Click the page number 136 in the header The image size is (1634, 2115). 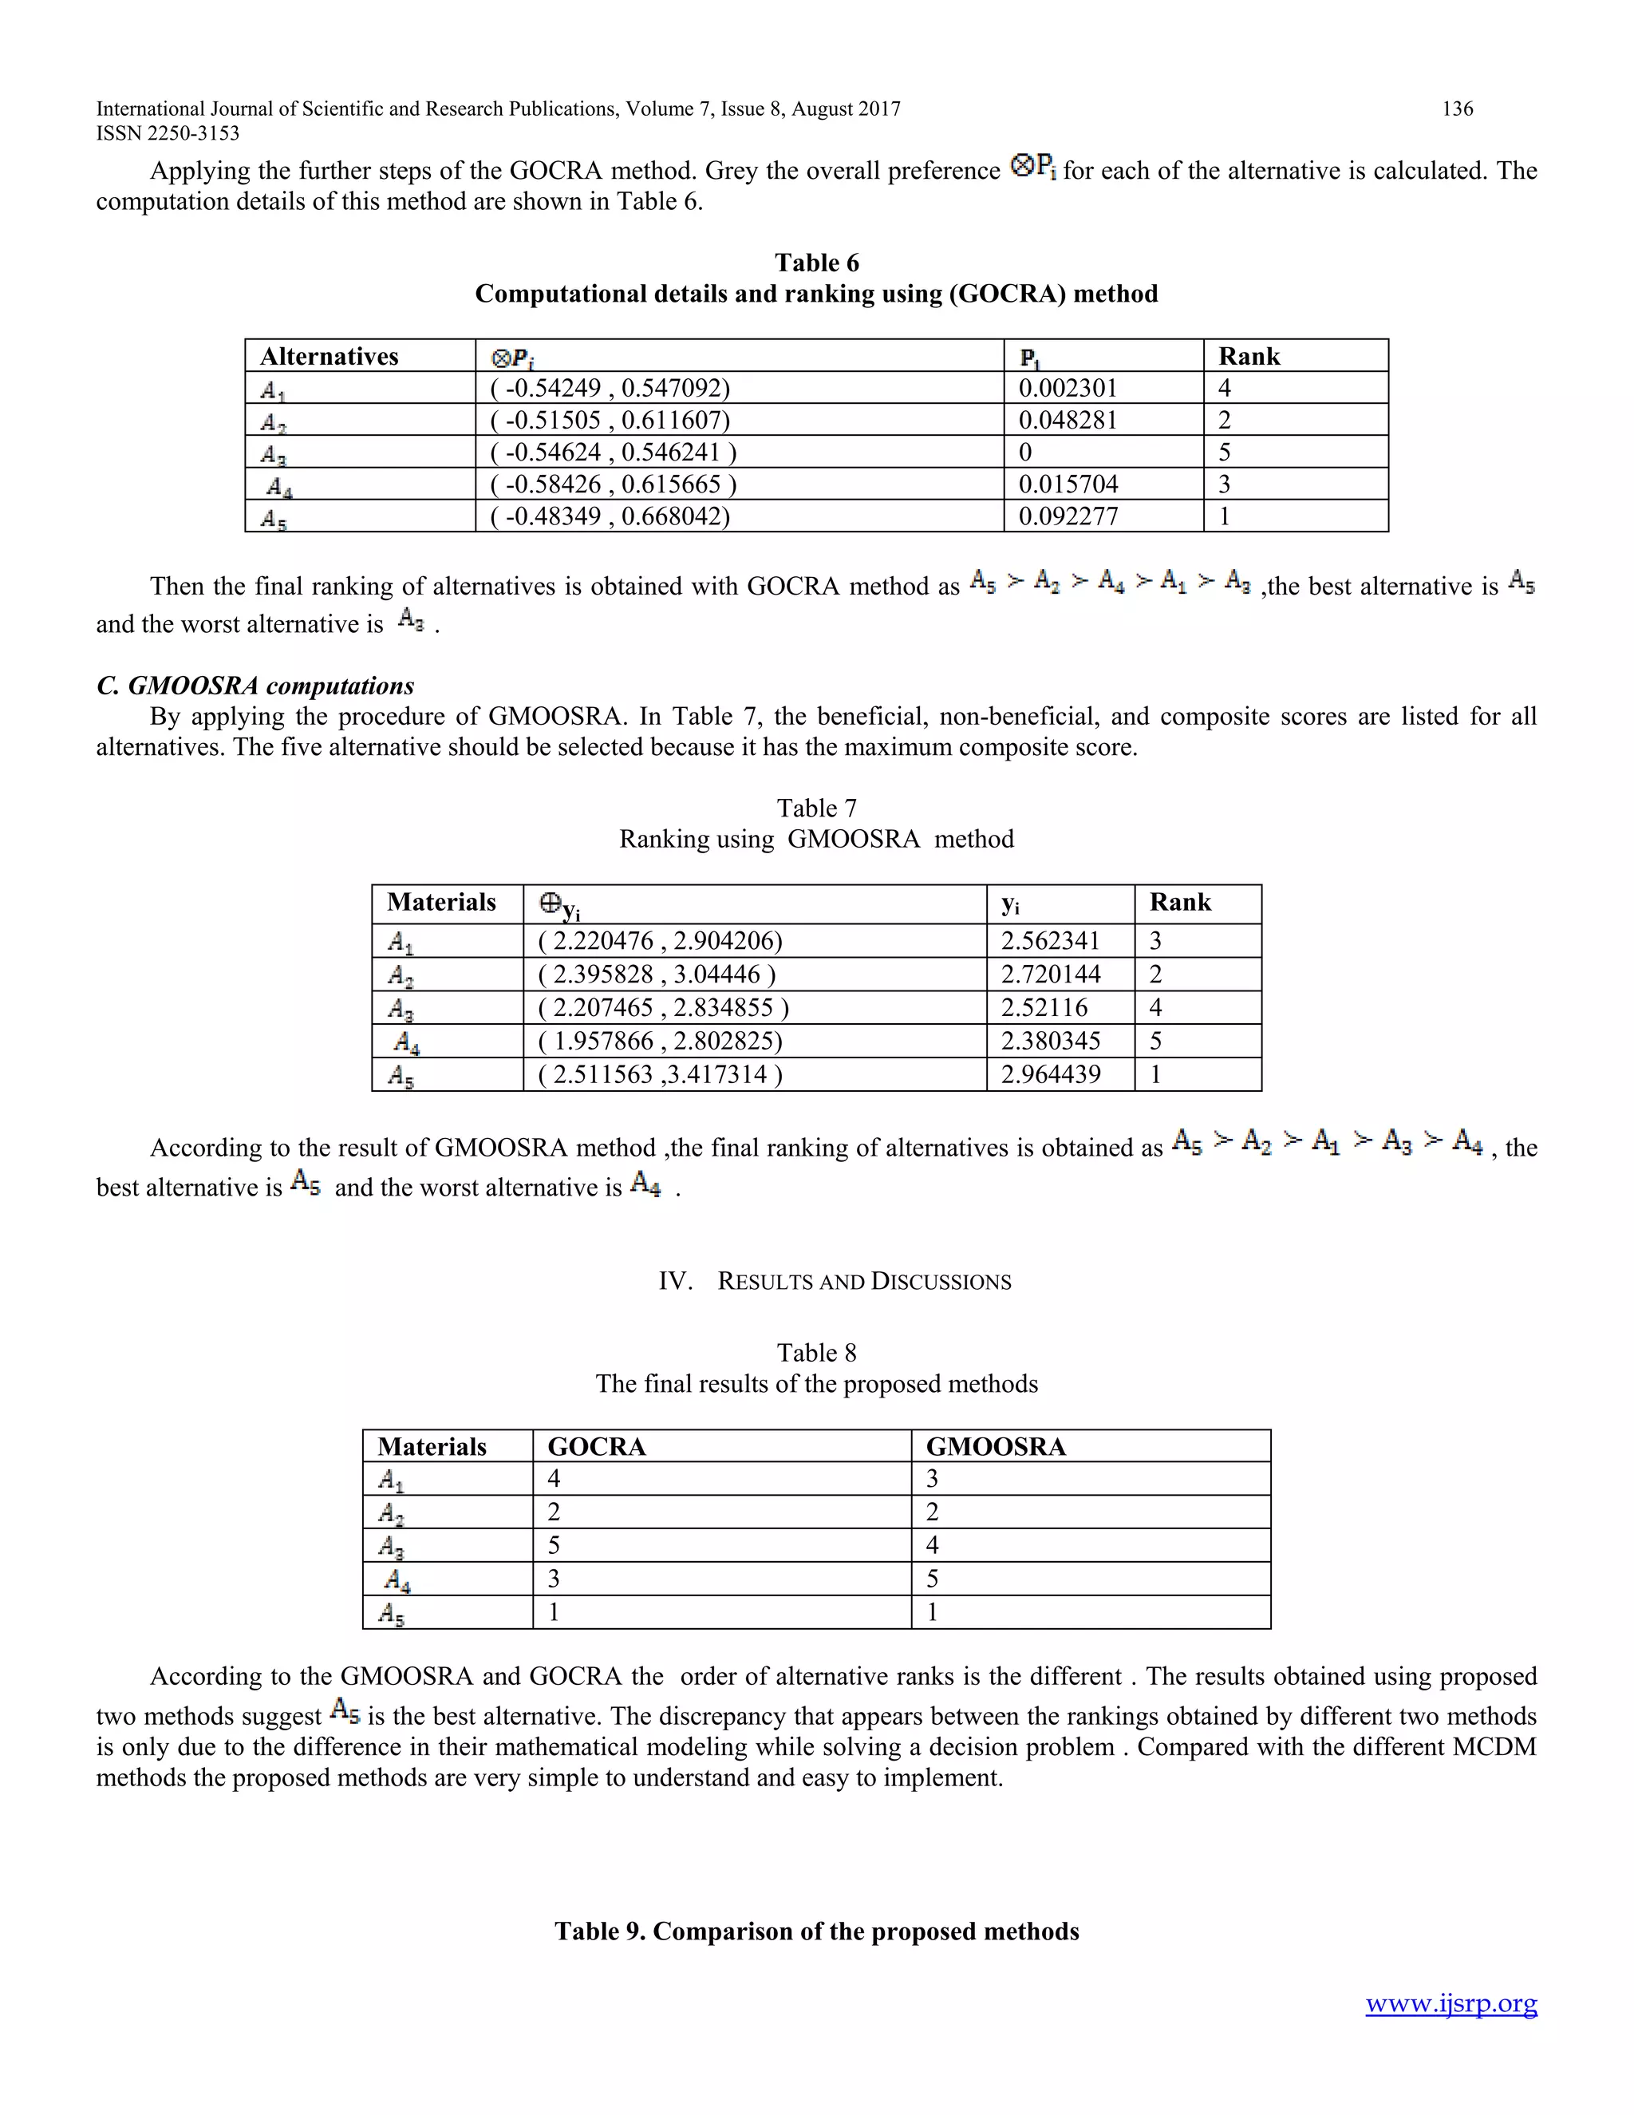1457,109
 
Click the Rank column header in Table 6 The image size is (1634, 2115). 1249,357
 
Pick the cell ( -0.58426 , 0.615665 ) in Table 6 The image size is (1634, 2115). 613,484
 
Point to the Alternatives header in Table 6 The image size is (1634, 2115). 330,357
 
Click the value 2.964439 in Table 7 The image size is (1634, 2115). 1050,1074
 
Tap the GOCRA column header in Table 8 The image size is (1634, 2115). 596,1447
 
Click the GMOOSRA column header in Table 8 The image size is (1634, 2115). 995,1447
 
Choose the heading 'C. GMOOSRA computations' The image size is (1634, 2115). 255,686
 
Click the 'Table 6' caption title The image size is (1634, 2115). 816,263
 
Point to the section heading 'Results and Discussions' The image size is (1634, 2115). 835,1281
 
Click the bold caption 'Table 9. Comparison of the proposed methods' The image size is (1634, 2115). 816,1931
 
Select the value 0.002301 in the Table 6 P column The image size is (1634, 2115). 1068,389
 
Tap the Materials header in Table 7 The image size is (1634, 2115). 441,903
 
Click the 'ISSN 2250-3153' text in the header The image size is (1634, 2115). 168,133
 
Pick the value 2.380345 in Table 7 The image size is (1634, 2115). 1050,1041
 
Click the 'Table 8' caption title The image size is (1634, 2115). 816,1353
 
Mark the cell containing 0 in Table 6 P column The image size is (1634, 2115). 1025,453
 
